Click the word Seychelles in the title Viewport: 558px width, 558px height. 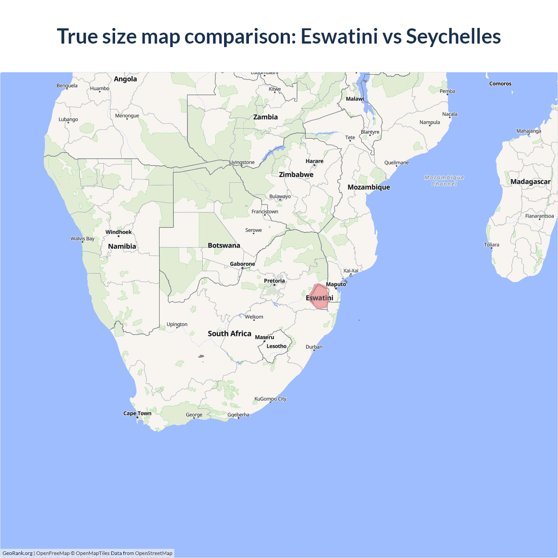click(x=453, y=36)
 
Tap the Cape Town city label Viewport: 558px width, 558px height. click(x=137, y=413)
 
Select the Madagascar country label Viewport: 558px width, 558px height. click(x=530, y=182)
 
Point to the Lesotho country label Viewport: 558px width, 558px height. click(x=276, y=346)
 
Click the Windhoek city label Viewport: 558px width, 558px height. click(x=119, y=232)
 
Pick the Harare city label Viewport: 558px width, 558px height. click(x=314, y=161)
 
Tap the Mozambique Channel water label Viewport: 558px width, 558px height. click(x=444, y=180)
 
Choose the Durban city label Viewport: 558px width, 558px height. click(x=314, y=347)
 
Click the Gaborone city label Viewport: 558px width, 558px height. click(x=242, y=264)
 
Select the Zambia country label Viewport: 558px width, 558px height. click(x=265, y=117)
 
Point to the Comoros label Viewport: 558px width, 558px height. click(x=500, y=84)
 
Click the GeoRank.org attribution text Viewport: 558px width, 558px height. click(x=17, y=553)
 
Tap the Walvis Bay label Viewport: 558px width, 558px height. click(x=82, y=238)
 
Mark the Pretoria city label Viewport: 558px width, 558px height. click(x=274, y=281)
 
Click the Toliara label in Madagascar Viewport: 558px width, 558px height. click(x=491, y=245)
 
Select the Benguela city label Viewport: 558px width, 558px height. click(x=67, y=85)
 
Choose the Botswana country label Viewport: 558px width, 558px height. click(x=224, y=245)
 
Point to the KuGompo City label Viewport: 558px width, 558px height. click(x=270, y=399)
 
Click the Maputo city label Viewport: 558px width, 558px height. click(x=336, y=284)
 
